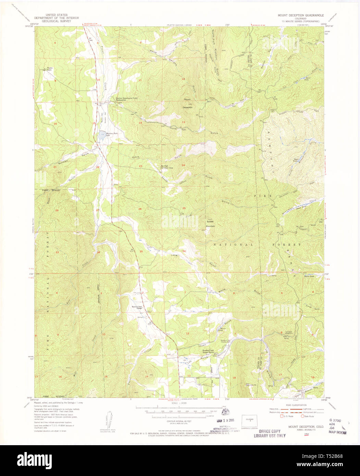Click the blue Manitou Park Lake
(x=102, y=135)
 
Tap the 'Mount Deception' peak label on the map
(x=188, y=103)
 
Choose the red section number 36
(x=184, y=251)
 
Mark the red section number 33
(x=57, y=252)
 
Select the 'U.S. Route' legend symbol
(x=282, y=416)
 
